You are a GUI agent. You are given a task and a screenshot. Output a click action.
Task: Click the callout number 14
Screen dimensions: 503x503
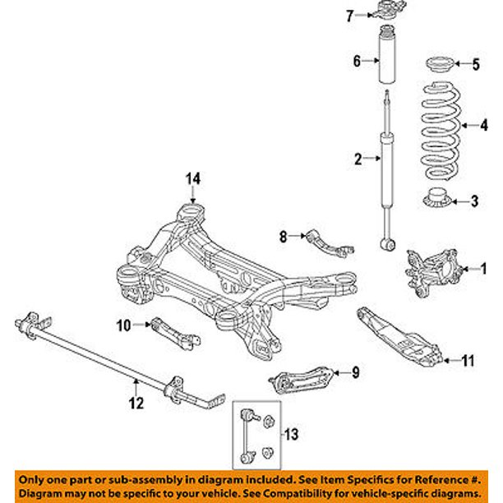(192, 178)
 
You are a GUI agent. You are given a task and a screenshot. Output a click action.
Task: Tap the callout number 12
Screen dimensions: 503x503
(136, 402)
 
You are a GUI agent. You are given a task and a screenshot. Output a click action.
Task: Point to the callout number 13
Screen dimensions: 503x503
(290, 433)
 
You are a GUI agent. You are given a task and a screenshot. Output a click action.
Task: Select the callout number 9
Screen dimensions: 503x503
(355, 373)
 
